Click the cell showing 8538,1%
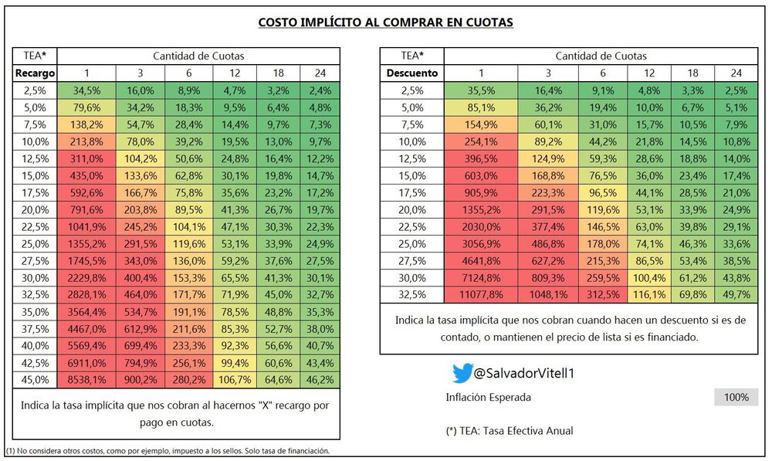86,380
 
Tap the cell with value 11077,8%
482,294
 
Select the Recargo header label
36,73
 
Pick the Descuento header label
411,73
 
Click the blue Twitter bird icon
461,374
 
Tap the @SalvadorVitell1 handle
524,374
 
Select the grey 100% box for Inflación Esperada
736,398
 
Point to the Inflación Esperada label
489,398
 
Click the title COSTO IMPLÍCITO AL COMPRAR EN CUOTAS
385,22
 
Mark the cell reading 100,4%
648,277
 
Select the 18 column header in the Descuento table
692,73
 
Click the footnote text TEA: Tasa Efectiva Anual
510,431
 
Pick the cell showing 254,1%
482,141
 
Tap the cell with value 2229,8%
86,277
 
